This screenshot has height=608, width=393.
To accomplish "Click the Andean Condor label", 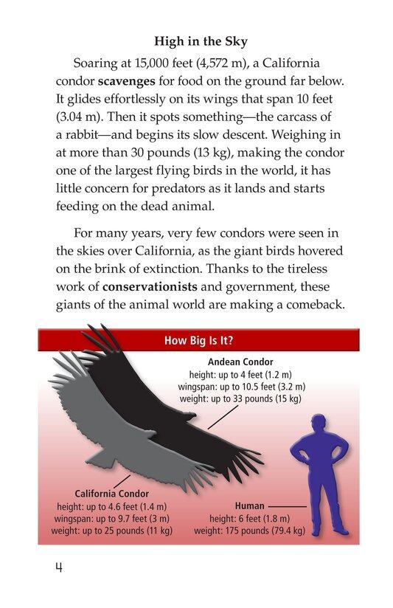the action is pyautogui.click(x=240, y=362).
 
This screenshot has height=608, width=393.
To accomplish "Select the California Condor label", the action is pyautogui.click(x=111, y=493).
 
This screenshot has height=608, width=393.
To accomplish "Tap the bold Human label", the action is pyautogui.click(x=249, y=505).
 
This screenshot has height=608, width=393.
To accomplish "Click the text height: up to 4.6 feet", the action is pyautogui.click(x=111, y=506).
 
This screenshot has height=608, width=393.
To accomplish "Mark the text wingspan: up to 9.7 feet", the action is pyautogui.click(x=111, y=518).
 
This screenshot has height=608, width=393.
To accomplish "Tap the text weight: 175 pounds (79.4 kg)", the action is pyautogui.click(x=249, y=530).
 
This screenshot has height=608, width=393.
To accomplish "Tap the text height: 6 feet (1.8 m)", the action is pyautogui.click(x=249, y=518).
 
